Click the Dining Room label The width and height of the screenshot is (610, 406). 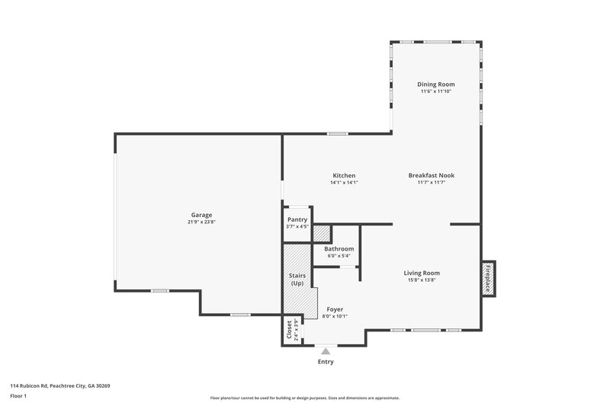435,84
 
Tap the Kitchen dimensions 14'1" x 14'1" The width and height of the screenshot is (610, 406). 344,183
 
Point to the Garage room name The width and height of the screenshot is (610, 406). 201,215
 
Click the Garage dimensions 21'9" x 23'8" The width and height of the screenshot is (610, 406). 201,222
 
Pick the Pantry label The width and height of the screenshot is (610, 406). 297,219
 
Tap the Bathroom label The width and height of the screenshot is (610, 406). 339,248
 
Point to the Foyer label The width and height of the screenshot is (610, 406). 335,309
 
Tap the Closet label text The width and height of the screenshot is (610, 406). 290,330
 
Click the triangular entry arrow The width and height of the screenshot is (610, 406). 326,351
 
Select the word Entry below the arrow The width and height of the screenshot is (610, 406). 326,362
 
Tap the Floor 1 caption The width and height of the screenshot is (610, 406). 19,397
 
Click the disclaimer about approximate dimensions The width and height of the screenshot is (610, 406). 305,398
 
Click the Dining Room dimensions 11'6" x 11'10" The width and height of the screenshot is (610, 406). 435,91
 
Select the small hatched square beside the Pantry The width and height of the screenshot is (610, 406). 321,234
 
